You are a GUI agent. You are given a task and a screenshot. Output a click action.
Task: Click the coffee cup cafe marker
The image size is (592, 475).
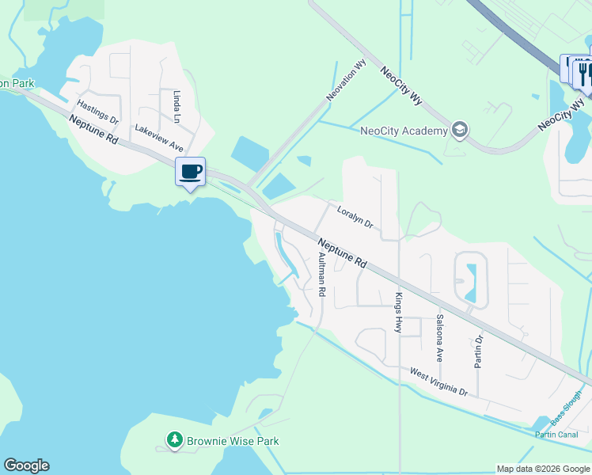coord(191,172)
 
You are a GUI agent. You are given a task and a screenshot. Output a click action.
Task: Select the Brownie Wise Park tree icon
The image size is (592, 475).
coord(174,440)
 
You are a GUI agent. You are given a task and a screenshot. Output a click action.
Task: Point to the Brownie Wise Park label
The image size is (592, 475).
coord(233,441)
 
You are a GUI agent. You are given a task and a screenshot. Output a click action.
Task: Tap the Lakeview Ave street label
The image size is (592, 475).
coord(158,138)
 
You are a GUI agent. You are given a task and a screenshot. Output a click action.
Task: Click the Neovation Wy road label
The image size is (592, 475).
coord(346,81)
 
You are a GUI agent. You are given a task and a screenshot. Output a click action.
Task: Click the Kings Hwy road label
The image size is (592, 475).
coord(398,313)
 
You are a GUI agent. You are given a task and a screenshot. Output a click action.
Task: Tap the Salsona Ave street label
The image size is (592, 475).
coord(439,338)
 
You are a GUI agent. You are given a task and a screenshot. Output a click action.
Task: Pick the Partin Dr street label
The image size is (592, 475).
coord(479,351)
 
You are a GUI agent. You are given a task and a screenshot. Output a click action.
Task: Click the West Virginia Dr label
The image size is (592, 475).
coord(438,382)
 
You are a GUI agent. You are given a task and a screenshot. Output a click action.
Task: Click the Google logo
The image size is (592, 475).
coord(26,465)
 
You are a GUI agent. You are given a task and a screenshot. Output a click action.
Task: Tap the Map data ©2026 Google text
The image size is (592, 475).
coord(542,469)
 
